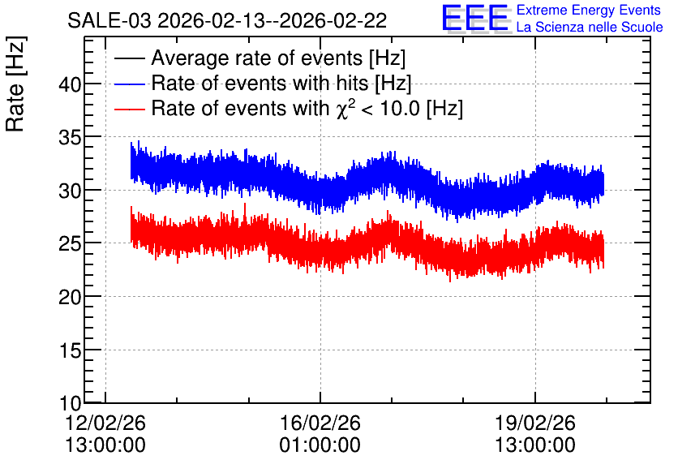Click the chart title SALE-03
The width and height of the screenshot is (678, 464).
109,20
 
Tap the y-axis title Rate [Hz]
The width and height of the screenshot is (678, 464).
15,84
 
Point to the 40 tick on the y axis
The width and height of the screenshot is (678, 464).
70,84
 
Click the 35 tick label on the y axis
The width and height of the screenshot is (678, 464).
70,137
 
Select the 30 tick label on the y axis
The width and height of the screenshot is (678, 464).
70,191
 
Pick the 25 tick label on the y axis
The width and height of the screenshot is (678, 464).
70,243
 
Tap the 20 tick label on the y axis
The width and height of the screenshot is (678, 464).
70,297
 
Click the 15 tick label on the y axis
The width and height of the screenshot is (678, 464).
70,350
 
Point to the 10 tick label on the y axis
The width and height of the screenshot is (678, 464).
70,403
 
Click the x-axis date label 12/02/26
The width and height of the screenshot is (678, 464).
105,423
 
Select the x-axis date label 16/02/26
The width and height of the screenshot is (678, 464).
320,423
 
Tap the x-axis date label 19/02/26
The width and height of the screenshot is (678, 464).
535,423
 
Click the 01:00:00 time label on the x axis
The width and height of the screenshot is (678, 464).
320,445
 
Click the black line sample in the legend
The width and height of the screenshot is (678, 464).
129,58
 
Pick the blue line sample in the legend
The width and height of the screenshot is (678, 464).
129,84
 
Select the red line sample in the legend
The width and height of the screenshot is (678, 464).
129,109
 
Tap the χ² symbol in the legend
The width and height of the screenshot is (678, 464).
345,109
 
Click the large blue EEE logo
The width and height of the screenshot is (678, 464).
475,18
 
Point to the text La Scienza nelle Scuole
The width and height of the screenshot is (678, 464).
590,27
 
